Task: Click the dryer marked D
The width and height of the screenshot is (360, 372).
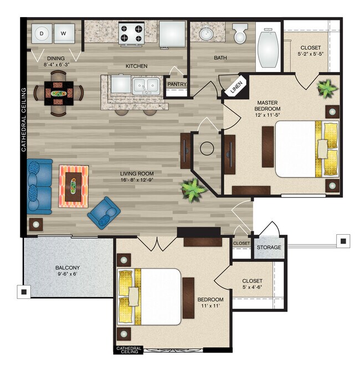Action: [42, 33]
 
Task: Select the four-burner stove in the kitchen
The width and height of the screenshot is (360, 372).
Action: [131, 33]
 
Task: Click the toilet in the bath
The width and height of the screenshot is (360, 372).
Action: [240, 33]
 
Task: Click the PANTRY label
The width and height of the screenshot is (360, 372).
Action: [177, 84]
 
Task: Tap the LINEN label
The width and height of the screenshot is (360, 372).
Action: [236, 87]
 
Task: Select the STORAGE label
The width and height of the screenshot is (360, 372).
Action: [269, 247]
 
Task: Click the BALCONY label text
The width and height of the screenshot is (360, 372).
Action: [68, 267]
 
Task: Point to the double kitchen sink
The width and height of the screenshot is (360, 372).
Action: [146, 85]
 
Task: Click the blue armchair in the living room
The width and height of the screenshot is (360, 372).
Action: [104, 213]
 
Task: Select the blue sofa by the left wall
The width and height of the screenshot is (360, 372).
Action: [39, 187]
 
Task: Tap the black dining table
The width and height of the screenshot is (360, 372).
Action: [59, 93]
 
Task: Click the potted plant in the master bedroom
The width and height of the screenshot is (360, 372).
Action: [327, 88]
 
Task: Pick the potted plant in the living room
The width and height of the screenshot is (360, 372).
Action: [193, 190]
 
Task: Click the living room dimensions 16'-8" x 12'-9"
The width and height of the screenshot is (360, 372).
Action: [137, 180]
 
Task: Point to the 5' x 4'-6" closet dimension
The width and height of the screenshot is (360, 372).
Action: [252, 287]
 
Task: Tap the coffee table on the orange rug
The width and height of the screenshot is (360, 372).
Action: [73, 187]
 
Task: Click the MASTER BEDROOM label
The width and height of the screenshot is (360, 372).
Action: [268, 106]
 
